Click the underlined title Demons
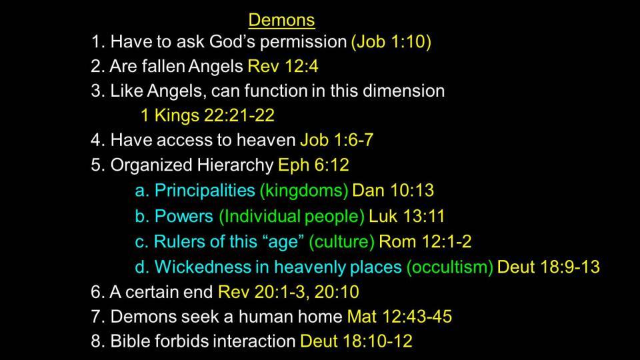(x=281, y=20)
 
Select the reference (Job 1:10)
(x=391, y=42)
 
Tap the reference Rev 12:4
(x=283, y=66)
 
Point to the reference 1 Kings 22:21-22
(x=207, y=115)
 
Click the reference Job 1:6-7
(x=337, y=141)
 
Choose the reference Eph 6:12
(x=313, y=165)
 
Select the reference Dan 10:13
(x=393, y=191)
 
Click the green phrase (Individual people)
(x=291, y=217)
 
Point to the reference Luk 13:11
(x=407, y=216)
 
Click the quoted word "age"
(x=285, y=242)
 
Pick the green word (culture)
(x=341, y=242)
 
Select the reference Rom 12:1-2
(x=425, y=241)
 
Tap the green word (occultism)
(x=450, y=267)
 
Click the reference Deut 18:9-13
(x=549, y=267)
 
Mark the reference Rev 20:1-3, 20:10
(x=289, y=292)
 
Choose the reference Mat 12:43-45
(x=399, y=317)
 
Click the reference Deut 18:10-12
(x=356, y=341)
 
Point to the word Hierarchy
(x=235, y=165)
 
